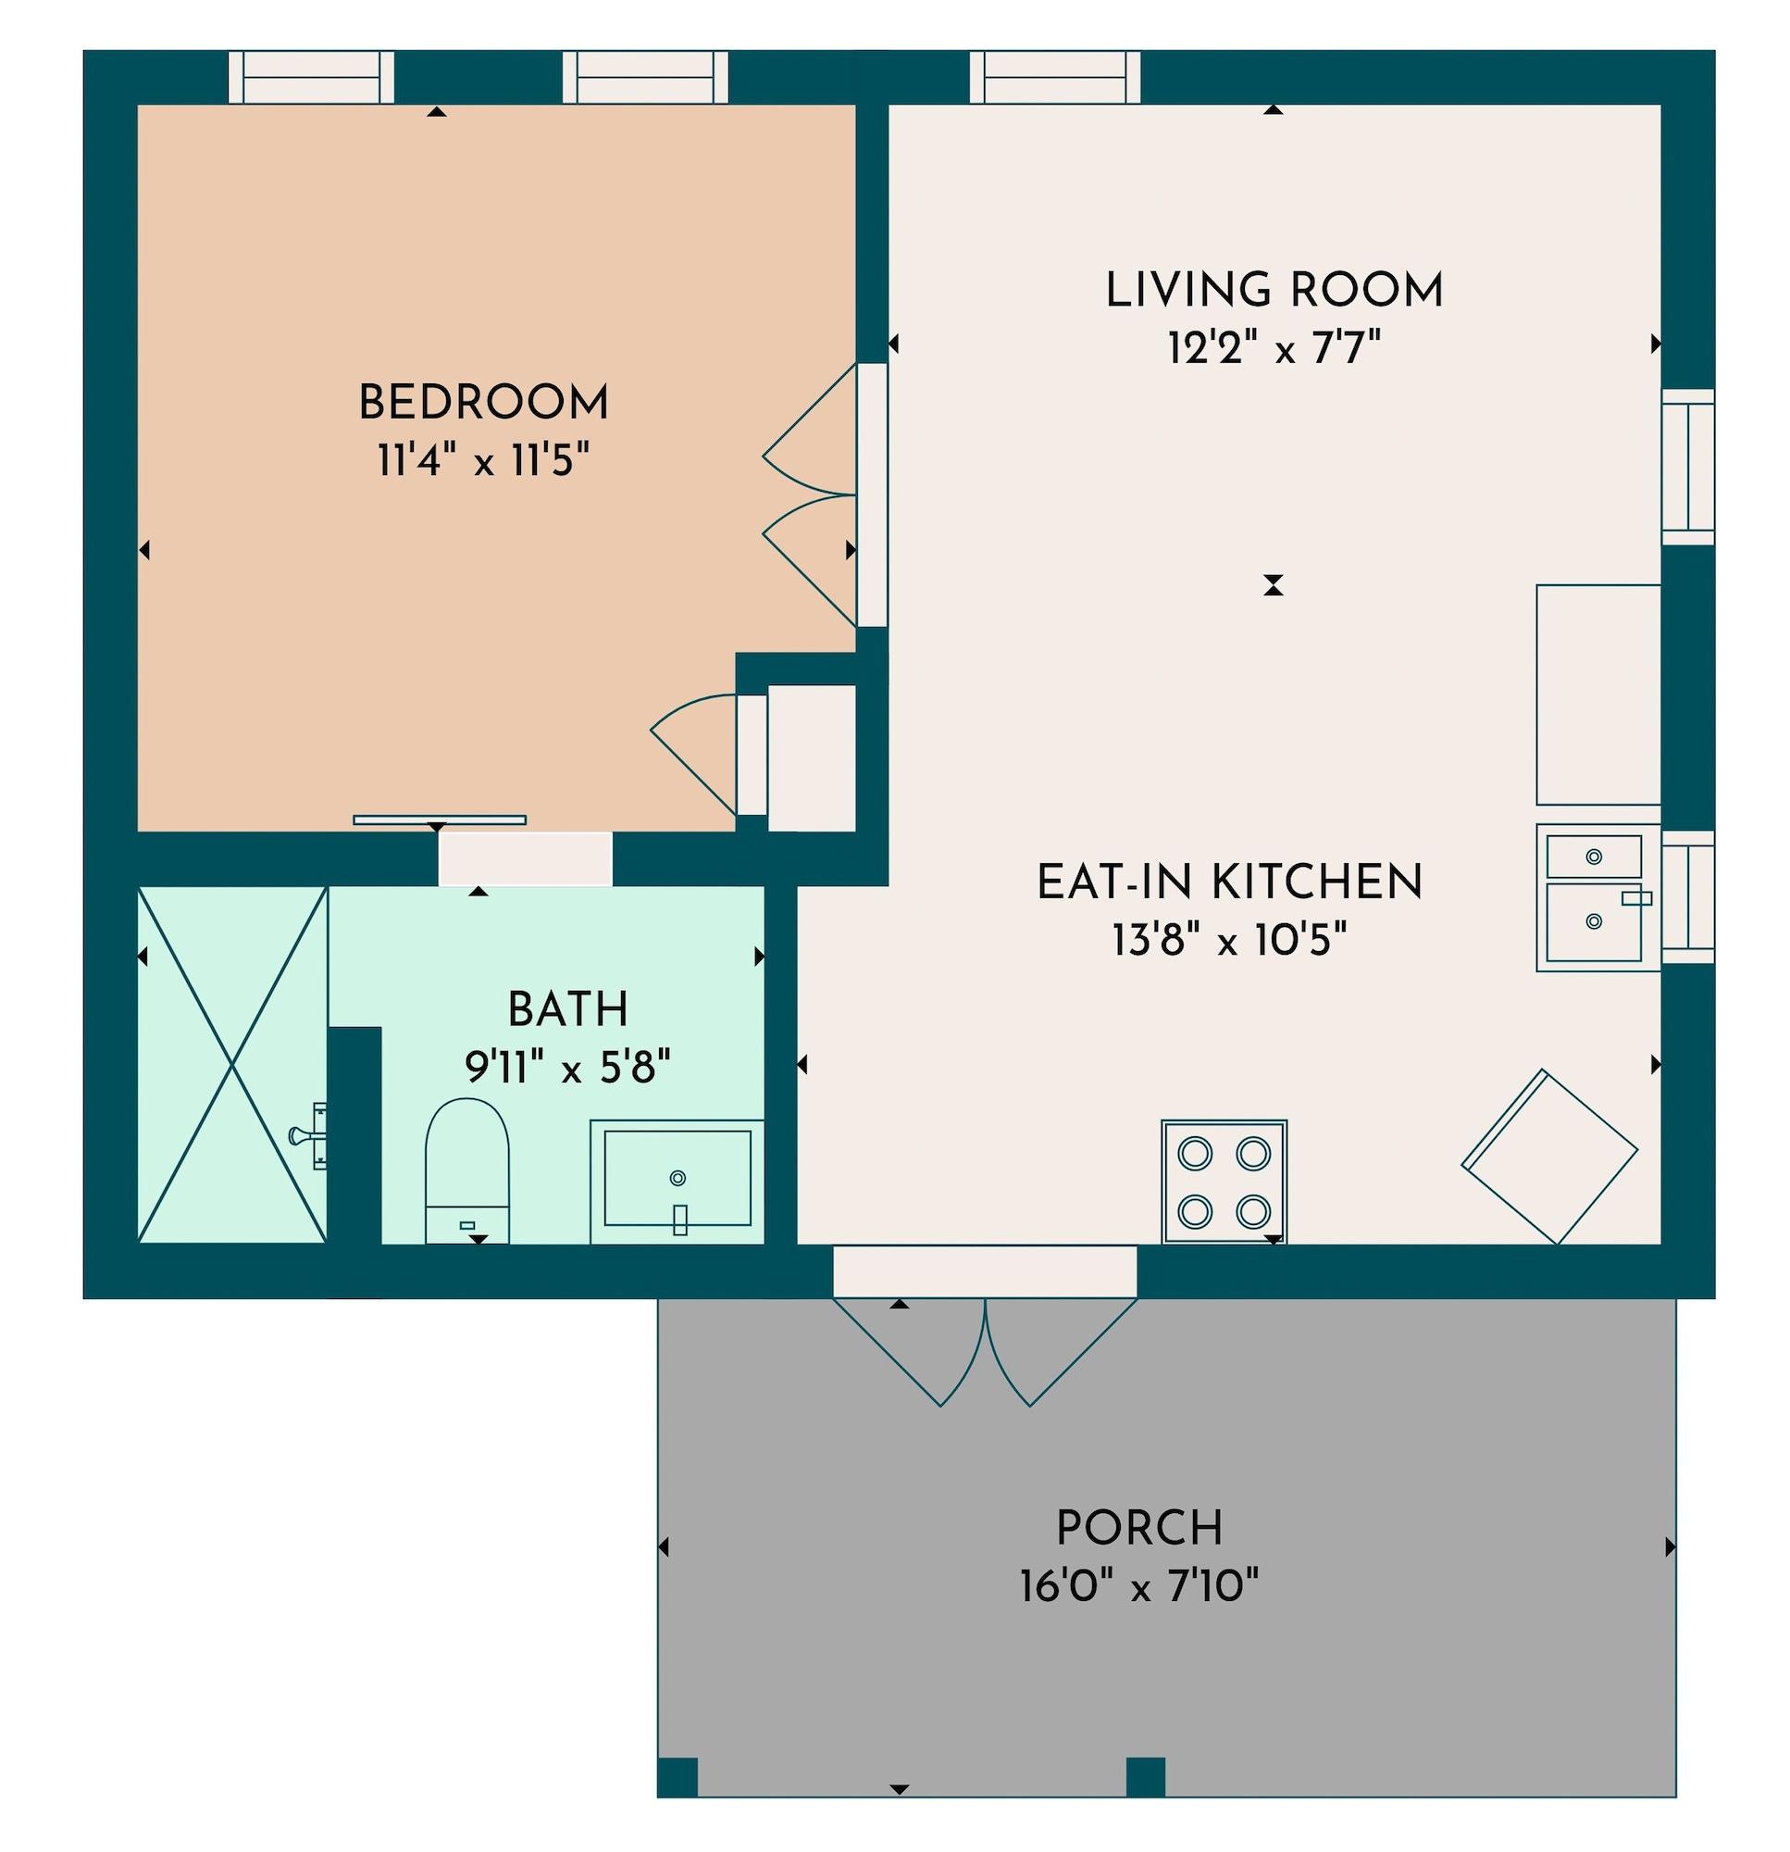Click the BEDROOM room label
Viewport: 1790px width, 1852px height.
[483, 405]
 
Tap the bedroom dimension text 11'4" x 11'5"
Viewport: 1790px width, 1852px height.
[483, 463]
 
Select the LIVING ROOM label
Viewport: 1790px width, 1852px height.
[1274, 290]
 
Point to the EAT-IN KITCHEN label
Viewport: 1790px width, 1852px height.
[1229, 882]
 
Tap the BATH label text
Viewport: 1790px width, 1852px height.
[567, 1010]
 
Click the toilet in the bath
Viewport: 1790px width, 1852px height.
[466, 1170]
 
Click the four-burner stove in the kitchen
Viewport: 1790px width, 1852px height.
[1224, 1182]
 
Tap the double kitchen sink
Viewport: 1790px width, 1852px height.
[1596, 895]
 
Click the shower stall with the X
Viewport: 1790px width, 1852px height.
[232, 1064]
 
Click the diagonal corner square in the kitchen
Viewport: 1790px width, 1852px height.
[1548, 1156]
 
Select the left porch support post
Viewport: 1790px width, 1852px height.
[677, 1776]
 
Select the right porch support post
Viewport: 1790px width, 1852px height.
[1145, 1776]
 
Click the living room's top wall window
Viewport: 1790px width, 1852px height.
[1055, 77]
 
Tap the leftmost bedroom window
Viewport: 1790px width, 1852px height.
[312, 77]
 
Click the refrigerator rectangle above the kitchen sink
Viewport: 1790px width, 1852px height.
[1597, 694]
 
